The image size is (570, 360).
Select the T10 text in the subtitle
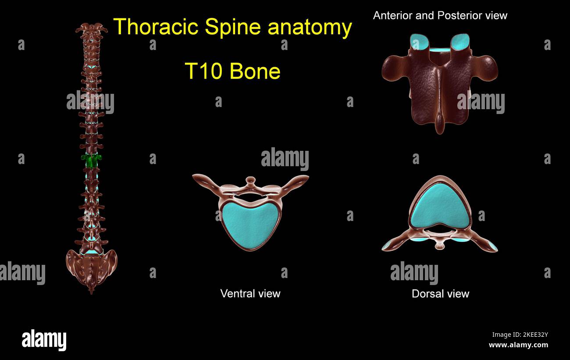[203, 71]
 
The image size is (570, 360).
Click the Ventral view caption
[250, 293]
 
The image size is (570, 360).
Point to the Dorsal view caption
[440, 294]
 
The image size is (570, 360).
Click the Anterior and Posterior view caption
[440, 16]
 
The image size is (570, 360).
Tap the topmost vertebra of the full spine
[92, 29]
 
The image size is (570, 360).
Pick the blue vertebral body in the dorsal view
[440, 206]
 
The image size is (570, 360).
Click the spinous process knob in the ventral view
[250, 180]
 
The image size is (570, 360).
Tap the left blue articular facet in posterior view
[420, 42]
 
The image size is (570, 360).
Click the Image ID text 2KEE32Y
[520, 335]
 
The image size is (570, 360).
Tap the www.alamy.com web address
[518, 345]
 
